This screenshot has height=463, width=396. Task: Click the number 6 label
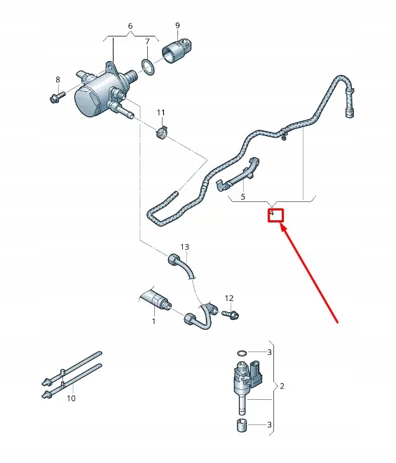click(130, 26)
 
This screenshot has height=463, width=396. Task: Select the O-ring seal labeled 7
click(148, 66)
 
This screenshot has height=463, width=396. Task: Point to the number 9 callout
click(177, 26)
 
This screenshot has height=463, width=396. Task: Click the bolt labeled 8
click(57, 96)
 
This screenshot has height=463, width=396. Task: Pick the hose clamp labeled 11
click(163, 132)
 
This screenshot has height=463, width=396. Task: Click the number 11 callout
click(161, 112)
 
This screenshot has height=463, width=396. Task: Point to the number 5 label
click(243, 198)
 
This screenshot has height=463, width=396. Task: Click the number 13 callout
click(185, 247)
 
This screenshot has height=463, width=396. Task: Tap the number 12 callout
click(228, 298)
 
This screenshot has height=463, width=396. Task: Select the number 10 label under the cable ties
click(71, 398)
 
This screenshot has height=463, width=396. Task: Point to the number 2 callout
click(282, 386)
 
